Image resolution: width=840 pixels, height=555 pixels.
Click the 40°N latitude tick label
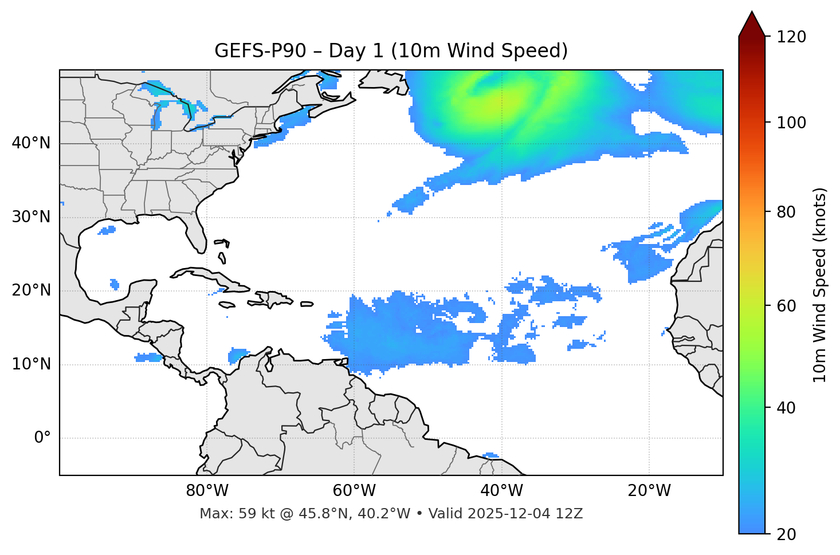tap(31, 143)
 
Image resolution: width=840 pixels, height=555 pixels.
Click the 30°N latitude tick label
tap(31, 217)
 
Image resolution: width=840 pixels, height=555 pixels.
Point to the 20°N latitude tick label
tap(31, 290)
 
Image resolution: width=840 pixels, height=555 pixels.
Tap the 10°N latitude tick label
tap(31, 364)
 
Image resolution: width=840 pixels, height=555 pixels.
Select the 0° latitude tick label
tap(42, 438)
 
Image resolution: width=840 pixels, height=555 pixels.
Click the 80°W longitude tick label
tap(207, 491)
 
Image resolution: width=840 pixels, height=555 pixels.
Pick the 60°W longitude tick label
tap(354, 491)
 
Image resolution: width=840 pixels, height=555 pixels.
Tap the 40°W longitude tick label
tap(501, 491)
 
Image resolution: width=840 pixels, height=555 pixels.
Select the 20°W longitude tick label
tap(649, 491)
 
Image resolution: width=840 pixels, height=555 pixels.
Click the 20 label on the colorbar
tap(787, 534)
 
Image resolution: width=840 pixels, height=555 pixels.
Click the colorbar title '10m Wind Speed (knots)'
tap(820, 285)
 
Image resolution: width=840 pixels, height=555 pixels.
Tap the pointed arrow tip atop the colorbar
tap(752, 13)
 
